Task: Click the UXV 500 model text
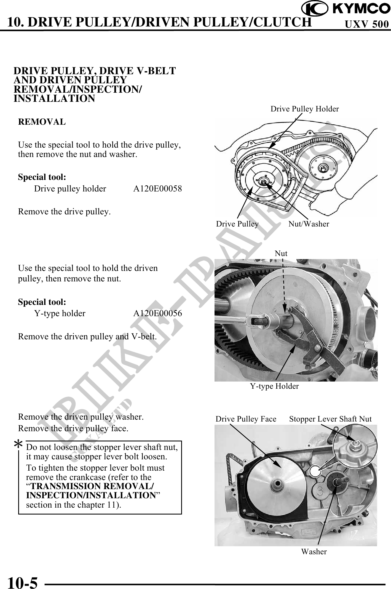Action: (367, 25)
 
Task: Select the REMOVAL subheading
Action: (42, 122)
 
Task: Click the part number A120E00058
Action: (157, 189)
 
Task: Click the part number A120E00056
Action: (157, 313)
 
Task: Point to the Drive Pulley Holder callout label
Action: (304, 109)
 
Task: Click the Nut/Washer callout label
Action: (309, 224)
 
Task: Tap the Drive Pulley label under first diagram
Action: (237, 224)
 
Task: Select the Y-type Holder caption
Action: (274, 386)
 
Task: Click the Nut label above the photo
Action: (281, 253)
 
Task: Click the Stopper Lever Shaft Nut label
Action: (330, 419)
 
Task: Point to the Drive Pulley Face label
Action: (246, 419)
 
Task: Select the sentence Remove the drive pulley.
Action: (64, 212)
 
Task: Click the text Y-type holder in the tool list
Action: (60, 313)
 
